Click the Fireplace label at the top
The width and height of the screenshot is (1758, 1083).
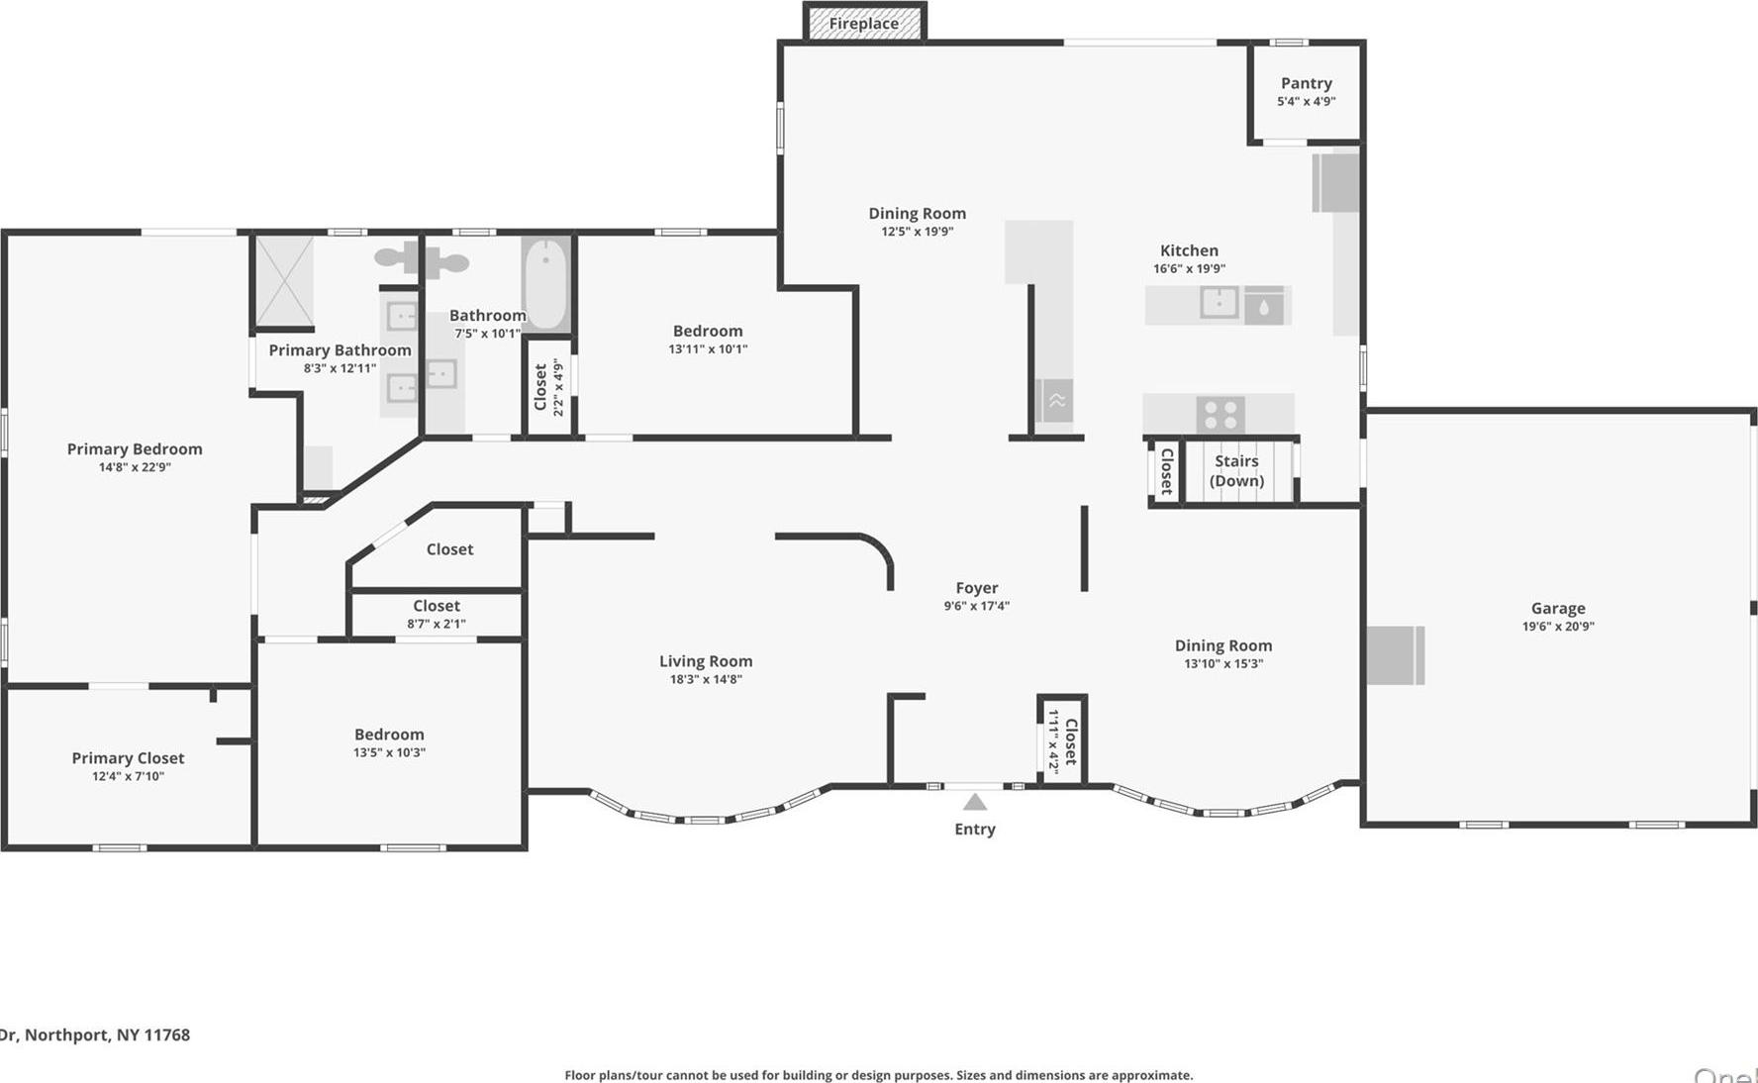[x=863, y=24]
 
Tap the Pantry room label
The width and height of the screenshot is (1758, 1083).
[x=1306, y=83]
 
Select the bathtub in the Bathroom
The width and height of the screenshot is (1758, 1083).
[x=545, y=282]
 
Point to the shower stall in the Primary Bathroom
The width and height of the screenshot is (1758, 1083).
[x=284, y=281]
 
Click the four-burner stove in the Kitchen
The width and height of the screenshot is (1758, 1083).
[x=1220, y=414]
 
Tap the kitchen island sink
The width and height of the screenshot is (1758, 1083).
[x=1219, y=303]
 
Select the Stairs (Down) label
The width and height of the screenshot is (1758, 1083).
[x=1236, y=471]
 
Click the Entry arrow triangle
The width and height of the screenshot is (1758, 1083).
[x=975, y=802]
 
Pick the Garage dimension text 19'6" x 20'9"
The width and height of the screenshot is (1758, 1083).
[x=1558, y=627]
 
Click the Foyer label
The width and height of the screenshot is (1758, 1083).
[x=976, y=588]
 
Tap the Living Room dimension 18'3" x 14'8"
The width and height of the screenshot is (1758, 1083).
[x=706, y=679]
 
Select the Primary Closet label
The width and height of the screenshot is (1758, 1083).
[x=128, y=758]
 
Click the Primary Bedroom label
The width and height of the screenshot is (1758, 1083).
[x=135, y=449]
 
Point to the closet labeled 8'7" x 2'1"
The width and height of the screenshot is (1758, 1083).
[x=436, y=614]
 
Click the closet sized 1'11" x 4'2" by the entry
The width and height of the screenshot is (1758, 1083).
[x=1062, y=739]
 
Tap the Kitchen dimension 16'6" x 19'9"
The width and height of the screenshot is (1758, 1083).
[x=1189, y=268]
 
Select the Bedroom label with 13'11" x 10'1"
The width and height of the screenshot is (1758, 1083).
[x=707, y=331]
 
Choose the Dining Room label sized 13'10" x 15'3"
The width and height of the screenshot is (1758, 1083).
[x=1223, y=645]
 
